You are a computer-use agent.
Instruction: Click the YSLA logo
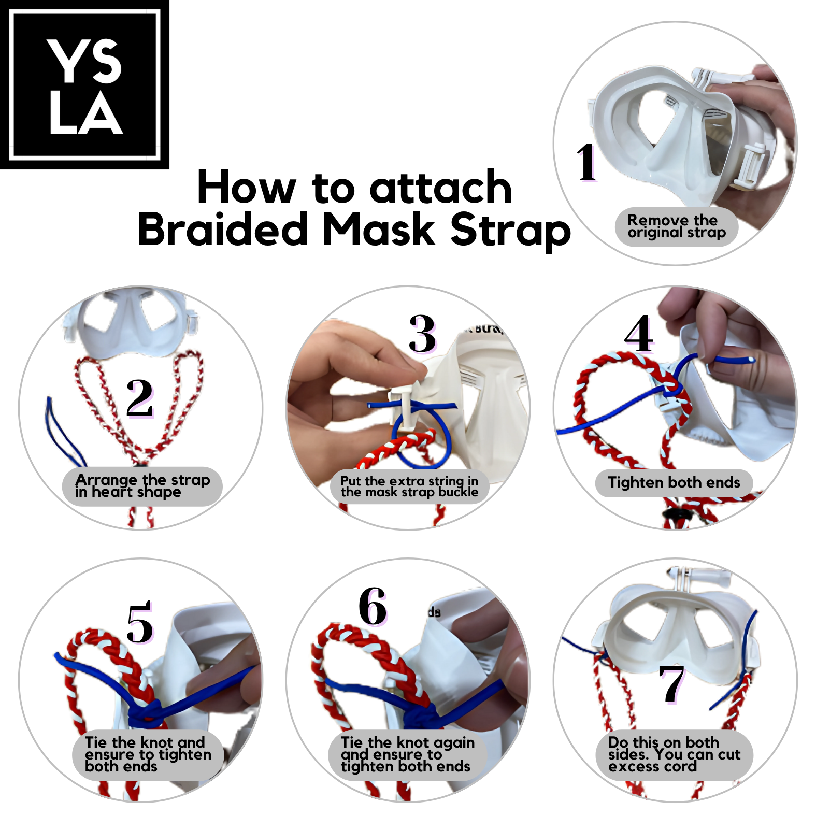click(84, 84)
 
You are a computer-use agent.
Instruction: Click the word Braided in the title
click(223, 230)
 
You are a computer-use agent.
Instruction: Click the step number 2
click(140, 398)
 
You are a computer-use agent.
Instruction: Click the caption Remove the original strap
click(676, 226)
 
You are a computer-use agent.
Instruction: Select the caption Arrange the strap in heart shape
click(142, 486)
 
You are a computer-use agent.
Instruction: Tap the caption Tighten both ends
click(674, 482)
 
